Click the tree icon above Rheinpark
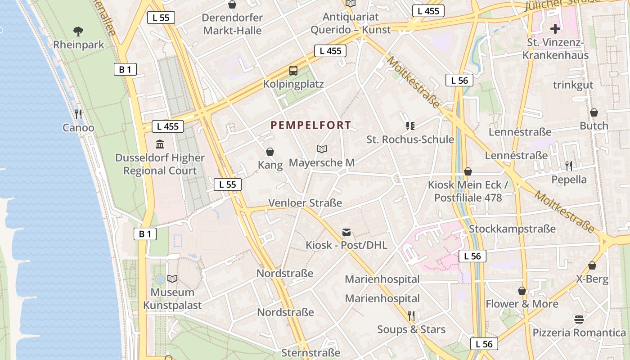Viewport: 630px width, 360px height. click(78, 31)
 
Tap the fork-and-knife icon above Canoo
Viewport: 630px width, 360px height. click(78, 113)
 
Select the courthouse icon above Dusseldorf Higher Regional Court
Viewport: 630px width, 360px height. click(160, 144)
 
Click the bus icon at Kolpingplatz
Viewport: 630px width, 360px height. click(293, 70)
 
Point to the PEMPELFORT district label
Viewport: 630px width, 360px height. click(310, 125)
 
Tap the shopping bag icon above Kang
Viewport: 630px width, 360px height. click(270, 151)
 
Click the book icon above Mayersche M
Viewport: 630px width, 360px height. click(321, 149)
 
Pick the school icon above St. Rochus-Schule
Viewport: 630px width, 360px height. click(410, 126)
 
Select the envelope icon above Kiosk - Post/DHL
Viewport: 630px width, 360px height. click(346, 232)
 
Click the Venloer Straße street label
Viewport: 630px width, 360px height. click(305, 203)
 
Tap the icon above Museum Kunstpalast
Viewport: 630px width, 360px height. click(172, 279)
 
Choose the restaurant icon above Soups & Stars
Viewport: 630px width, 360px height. click(411, 315)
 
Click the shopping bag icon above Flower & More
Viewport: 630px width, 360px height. click(522, 291)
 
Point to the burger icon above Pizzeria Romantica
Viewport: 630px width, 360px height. click(579, 319)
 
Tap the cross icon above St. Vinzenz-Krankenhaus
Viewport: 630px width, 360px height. click(556, 29)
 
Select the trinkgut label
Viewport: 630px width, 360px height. click(573, 85)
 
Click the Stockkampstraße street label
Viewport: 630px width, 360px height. click(512, 229)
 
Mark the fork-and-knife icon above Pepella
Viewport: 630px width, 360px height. click(569, 166)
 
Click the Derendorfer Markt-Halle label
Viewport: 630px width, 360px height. click(232, 24)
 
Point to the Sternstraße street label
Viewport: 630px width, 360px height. click(310, 352)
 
